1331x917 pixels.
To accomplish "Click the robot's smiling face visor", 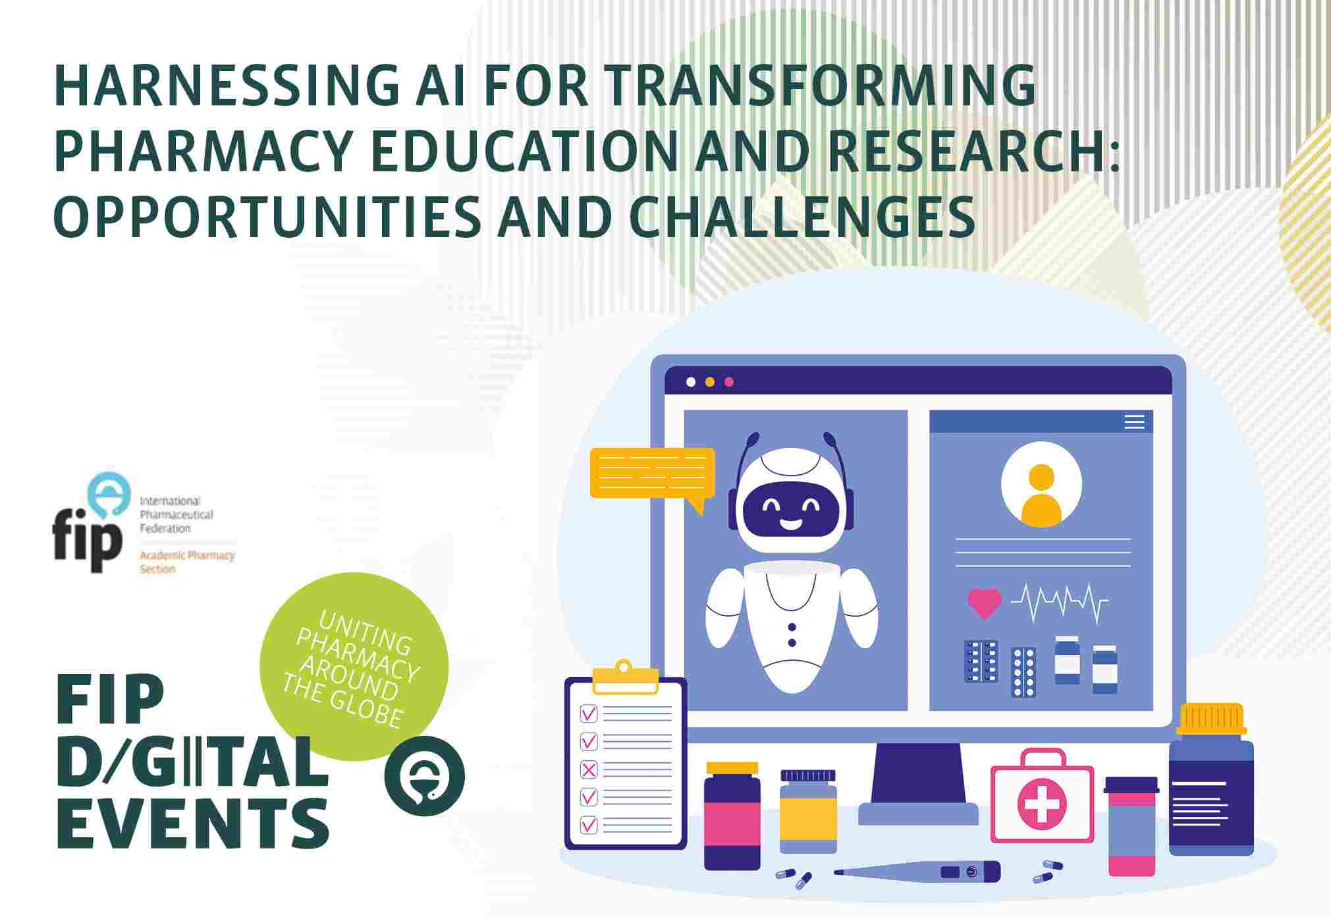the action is [791, 510].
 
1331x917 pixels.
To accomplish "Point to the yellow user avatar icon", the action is [1041, 495].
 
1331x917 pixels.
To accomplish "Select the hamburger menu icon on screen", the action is [1135, 422].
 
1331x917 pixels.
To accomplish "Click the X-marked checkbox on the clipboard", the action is [589, 769].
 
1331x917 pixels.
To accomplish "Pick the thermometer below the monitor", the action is [917, 872].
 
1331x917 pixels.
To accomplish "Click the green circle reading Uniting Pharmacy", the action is [354, 666].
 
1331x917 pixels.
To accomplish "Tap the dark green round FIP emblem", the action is [425, 775].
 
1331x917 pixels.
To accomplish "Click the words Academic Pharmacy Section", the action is [187, 562].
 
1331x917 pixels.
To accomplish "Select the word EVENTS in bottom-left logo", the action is [193, 822].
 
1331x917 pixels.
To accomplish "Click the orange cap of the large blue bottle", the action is [1212, 719].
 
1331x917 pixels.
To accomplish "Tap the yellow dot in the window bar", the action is [709, 382].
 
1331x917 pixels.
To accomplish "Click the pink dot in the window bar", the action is [728, 382].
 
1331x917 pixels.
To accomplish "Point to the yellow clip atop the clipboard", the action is [625, 677].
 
